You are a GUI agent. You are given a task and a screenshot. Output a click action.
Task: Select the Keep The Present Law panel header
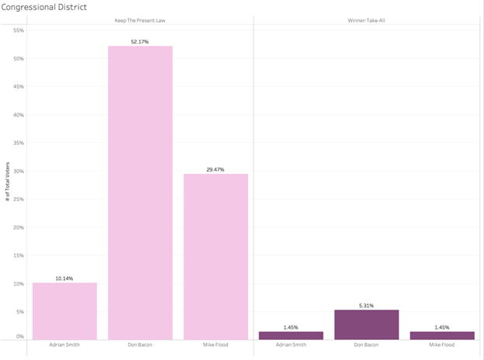(x=140, y=21)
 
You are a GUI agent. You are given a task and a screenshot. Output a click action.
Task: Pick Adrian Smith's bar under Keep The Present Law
(x=64, y=310)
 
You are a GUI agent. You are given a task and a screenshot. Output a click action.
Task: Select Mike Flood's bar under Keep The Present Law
(x=216, y=256)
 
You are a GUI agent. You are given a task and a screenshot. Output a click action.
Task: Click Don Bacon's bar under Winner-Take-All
(x=366, y=324)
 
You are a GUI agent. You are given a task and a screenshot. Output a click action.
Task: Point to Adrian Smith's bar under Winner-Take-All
(x=291, y=335)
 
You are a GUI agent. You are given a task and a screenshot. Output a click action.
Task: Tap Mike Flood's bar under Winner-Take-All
(x=442, y=335)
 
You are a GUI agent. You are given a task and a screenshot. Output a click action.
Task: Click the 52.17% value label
(x=140, y=41)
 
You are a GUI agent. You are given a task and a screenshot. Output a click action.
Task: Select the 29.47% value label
(x=216, y=168)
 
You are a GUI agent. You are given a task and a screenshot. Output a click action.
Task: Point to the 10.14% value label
(x=64, y=278)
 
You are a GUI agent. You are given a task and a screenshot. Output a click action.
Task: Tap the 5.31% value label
(x=366, y=305)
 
